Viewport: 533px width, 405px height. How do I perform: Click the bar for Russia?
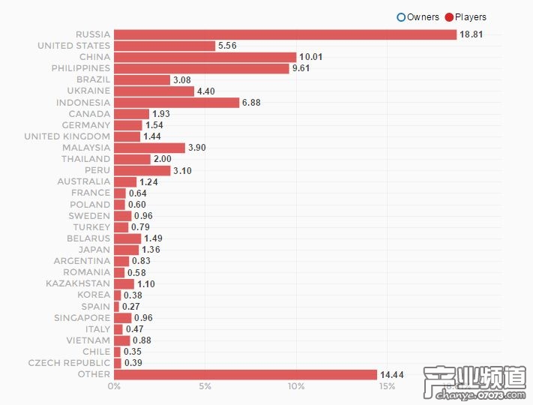[285, 34]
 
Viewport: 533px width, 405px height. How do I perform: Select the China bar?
[205, 57]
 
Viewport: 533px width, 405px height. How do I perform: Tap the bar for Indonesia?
[176, 103]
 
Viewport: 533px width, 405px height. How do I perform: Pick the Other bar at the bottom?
[245, 374]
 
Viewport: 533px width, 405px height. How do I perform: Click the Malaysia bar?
[149, 148]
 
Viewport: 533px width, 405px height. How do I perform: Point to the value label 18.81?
[472, 34]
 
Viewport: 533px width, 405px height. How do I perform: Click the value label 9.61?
[302, 68]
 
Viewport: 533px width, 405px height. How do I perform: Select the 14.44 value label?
[393, 374]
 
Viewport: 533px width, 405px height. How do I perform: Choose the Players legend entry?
[470, 17]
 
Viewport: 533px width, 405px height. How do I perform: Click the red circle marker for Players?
[450, 17]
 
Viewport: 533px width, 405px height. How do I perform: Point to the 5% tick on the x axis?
[205, 387]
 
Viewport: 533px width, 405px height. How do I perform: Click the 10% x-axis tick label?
[296, 387]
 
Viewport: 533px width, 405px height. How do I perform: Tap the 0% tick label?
[114, 387]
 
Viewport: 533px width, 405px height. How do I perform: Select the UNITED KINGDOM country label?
[67, 136]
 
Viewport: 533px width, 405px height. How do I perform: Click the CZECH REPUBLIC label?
[69, 363]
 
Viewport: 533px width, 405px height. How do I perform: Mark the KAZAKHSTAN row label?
[78, 283]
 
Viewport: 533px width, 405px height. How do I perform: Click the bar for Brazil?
[142, 79]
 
